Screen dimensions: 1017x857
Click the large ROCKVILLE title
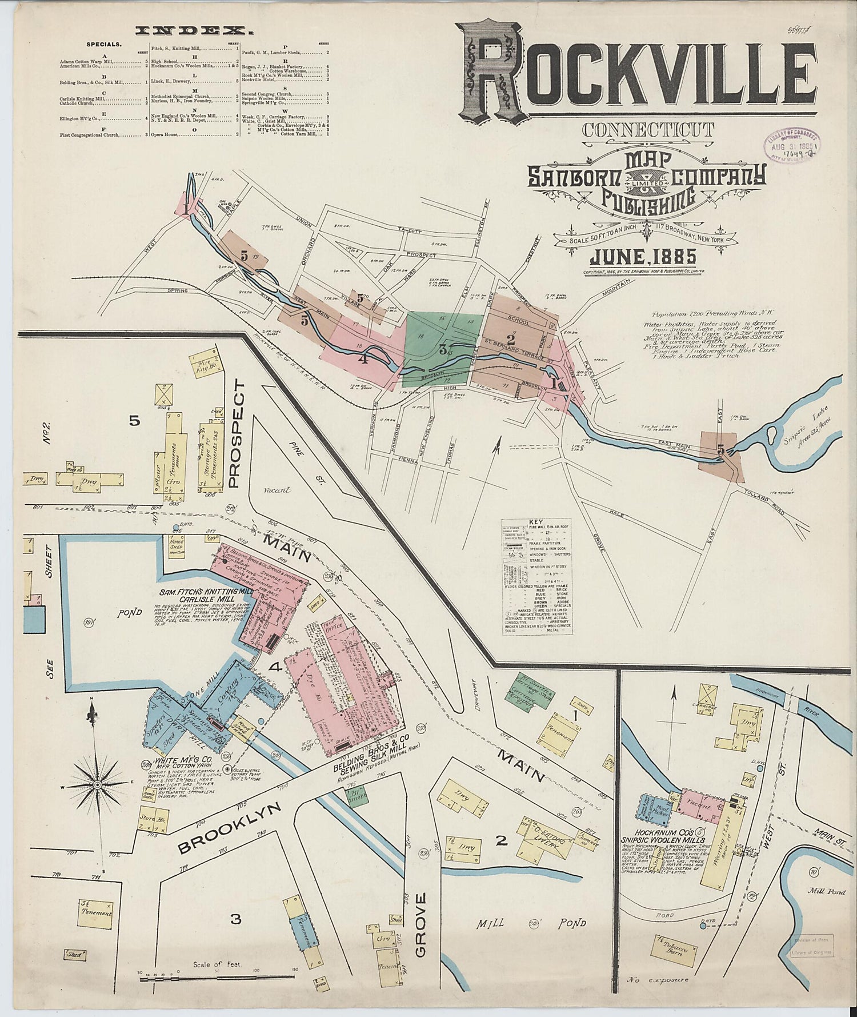(640, 71)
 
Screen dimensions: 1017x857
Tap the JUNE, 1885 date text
(643, 256)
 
